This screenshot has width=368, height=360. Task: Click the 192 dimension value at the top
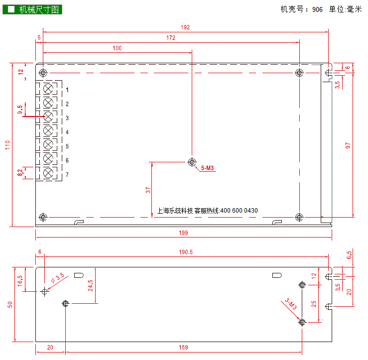185,27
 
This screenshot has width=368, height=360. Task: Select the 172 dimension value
171,38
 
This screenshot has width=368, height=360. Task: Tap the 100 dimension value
117,48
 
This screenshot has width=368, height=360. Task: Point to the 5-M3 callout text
208,168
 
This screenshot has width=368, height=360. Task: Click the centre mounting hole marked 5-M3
192,162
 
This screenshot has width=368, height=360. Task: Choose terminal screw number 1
48,89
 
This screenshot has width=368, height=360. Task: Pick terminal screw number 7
48,173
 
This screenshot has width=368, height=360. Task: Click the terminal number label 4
67,132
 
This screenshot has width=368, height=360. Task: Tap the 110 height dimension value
8,145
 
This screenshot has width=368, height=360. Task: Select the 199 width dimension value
183,233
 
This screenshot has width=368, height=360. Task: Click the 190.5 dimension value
186,252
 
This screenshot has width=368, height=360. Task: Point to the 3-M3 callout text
291,304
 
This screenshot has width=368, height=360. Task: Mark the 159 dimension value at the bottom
183,348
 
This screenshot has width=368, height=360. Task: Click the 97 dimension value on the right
348,145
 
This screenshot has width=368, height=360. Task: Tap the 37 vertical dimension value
148,190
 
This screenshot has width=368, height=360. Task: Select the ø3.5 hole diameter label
58,278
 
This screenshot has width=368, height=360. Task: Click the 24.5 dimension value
90,286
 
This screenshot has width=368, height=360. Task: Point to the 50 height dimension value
10,305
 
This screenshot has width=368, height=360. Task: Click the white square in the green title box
11,9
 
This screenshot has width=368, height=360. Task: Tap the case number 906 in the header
317,9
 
